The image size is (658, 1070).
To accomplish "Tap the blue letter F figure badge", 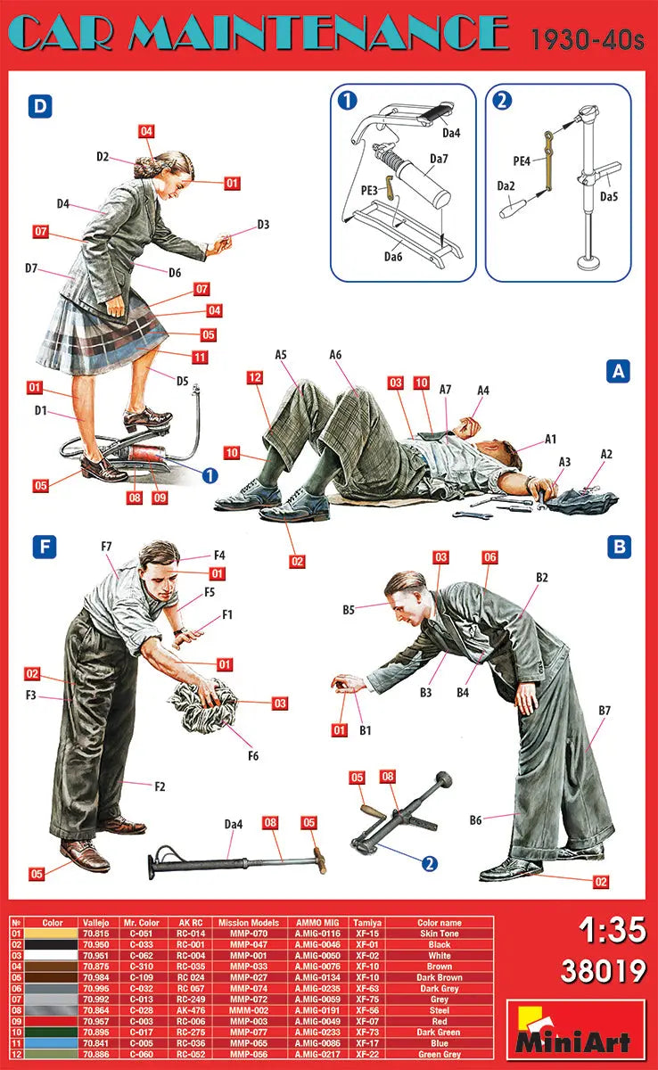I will pyautogui.click(x=45, y=546).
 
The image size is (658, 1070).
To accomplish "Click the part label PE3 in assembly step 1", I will pyautogui.click(x=369, y=189).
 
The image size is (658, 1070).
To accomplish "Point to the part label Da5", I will pyautogui.click(x=610, y=196).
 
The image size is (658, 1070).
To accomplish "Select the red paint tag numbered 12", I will pyautogui.click(x=255, y=378).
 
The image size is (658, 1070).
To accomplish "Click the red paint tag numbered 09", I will pyautogui.click(x=160, y=498).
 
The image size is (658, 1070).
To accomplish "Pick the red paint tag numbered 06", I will pyautogui.click(x=489, y=557).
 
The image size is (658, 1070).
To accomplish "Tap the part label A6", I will pyautogui.click(x=335, y=355).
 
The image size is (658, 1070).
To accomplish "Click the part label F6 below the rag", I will pyautogui.click(x=252, y=756).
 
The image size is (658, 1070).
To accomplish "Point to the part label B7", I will pyautogui.click(x=605, y=711).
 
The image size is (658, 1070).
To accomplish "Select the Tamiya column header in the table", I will pyautogui.click(x=366, y=923).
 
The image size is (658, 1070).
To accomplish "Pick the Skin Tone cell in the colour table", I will pyautogui.click(x=439, y=934).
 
